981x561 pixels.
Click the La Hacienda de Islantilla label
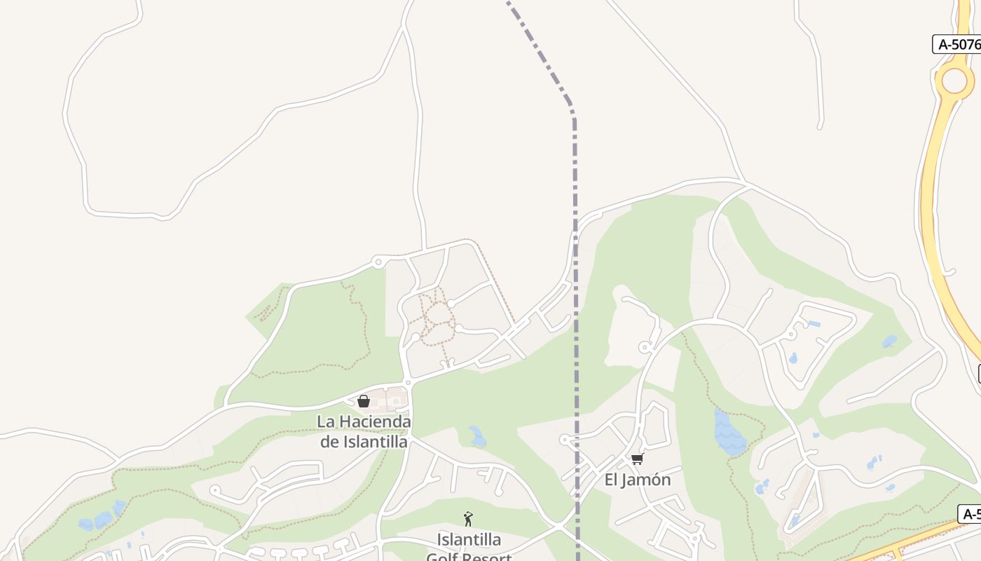tap(364, 431)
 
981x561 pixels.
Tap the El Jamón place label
tap(638, 480)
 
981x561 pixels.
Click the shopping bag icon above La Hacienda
tap(364, 401)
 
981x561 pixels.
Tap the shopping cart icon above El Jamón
tap(637, 459)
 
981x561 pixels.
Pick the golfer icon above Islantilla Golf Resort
tap(468, 519)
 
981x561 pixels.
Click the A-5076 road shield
tap(957, 44)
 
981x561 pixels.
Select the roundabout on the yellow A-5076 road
tap(954, 81)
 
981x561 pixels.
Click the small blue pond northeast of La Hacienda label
tap(478, 437)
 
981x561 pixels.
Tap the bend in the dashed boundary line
tap(572, 111)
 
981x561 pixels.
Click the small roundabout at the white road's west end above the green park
tap(378, 262)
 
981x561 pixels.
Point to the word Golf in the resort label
tap(444, 557)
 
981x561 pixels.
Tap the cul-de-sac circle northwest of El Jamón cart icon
tap(564, 440)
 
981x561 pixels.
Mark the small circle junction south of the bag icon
tap(407, 382)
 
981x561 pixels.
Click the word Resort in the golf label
tap(487, 557)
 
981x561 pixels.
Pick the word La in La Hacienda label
tap(325, 422)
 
